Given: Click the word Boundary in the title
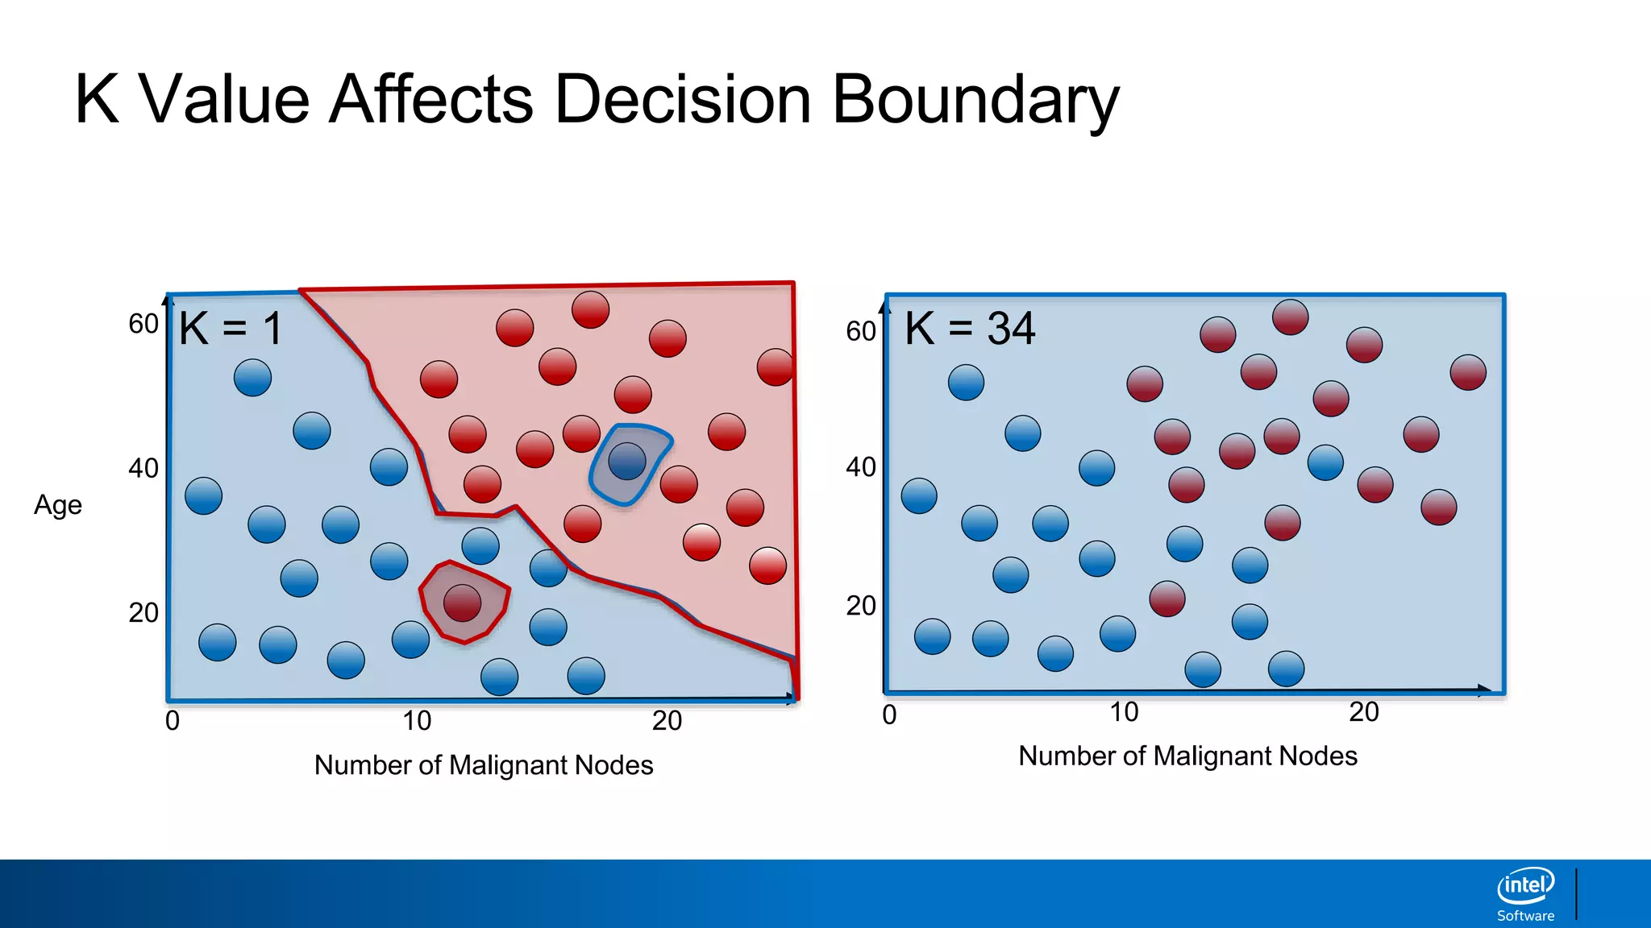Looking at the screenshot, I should click(975, 100).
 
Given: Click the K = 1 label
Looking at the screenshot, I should click(231, 329).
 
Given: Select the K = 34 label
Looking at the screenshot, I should click(970, 329).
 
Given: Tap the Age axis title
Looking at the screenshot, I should click(58, 505).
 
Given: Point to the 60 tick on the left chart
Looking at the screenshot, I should click(143, 324).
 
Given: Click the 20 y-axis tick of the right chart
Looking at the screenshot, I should click(860, 606).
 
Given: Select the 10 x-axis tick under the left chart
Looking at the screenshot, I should click(417, 721).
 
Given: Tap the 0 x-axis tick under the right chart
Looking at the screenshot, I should click(889, 715).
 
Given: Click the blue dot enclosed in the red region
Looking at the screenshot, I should click(627, 462).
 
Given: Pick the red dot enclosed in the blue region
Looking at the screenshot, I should click(462, 603).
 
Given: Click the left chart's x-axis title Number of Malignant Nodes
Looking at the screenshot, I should click(484, 765).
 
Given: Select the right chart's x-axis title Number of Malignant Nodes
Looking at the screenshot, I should click(1187, 756).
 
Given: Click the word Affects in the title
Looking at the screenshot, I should click(431, 100).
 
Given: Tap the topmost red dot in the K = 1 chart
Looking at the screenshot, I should click(590, 309).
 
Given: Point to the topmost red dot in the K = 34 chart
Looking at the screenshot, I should click(1290, 317).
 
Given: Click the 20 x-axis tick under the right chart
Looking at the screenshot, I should click(1364, 712).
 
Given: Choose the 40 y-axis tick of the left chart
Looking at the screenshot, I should click(143, 468).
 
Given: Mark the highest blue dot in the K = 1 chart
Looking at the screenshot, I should click(252, 377).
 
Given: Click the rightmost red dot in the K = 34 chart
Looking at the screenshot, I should click(1467, 372).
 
